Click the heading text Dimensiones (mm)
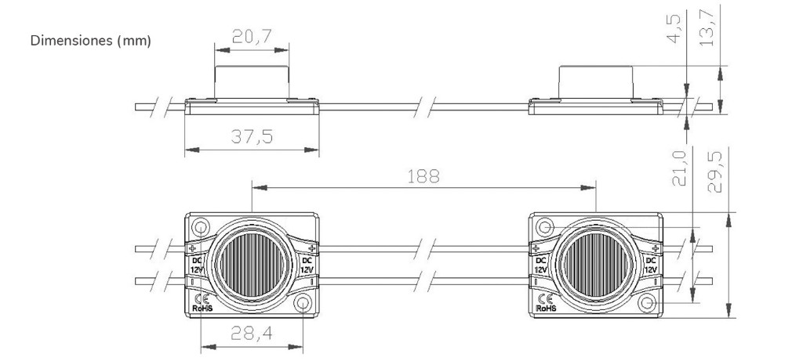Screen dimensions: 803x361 pos(91,41)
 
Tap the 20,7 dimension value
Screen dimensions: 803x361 pos(252,36)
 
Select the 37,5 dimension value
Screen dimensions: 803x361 pos(252,136)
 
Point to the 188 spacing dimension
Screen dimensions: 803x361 pos(423,176)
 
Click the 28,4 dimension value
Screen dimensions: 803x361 pos(252,334)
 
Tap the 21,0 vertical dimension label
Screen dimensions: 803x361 pos(679,168)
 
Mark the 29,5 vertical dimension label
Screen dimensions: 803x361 pos(714,171)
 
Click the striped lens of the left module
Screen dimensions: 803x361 pos(252,265)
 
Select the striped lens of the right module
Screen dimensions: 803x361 pos(596,265)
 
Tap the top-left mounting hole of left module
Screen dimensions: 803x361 pos(200,226)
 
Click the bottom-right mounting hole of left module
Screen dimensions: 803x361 pos(303,303)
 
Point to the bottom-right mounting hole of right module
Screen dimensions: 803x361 pos(647,303)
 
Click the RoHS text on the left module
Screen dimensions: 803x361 pos(202,309)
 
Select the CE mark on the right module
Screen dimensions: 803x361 pos(546,299)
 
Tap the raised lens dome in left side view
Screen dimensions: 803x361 pos(252,81)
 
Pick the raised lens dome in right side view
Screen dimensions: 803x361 pos(596,81)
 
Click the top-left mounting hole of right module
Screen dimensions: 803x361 pos(544,226)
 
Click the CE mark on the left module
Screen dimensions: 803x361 pos(202,299)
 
